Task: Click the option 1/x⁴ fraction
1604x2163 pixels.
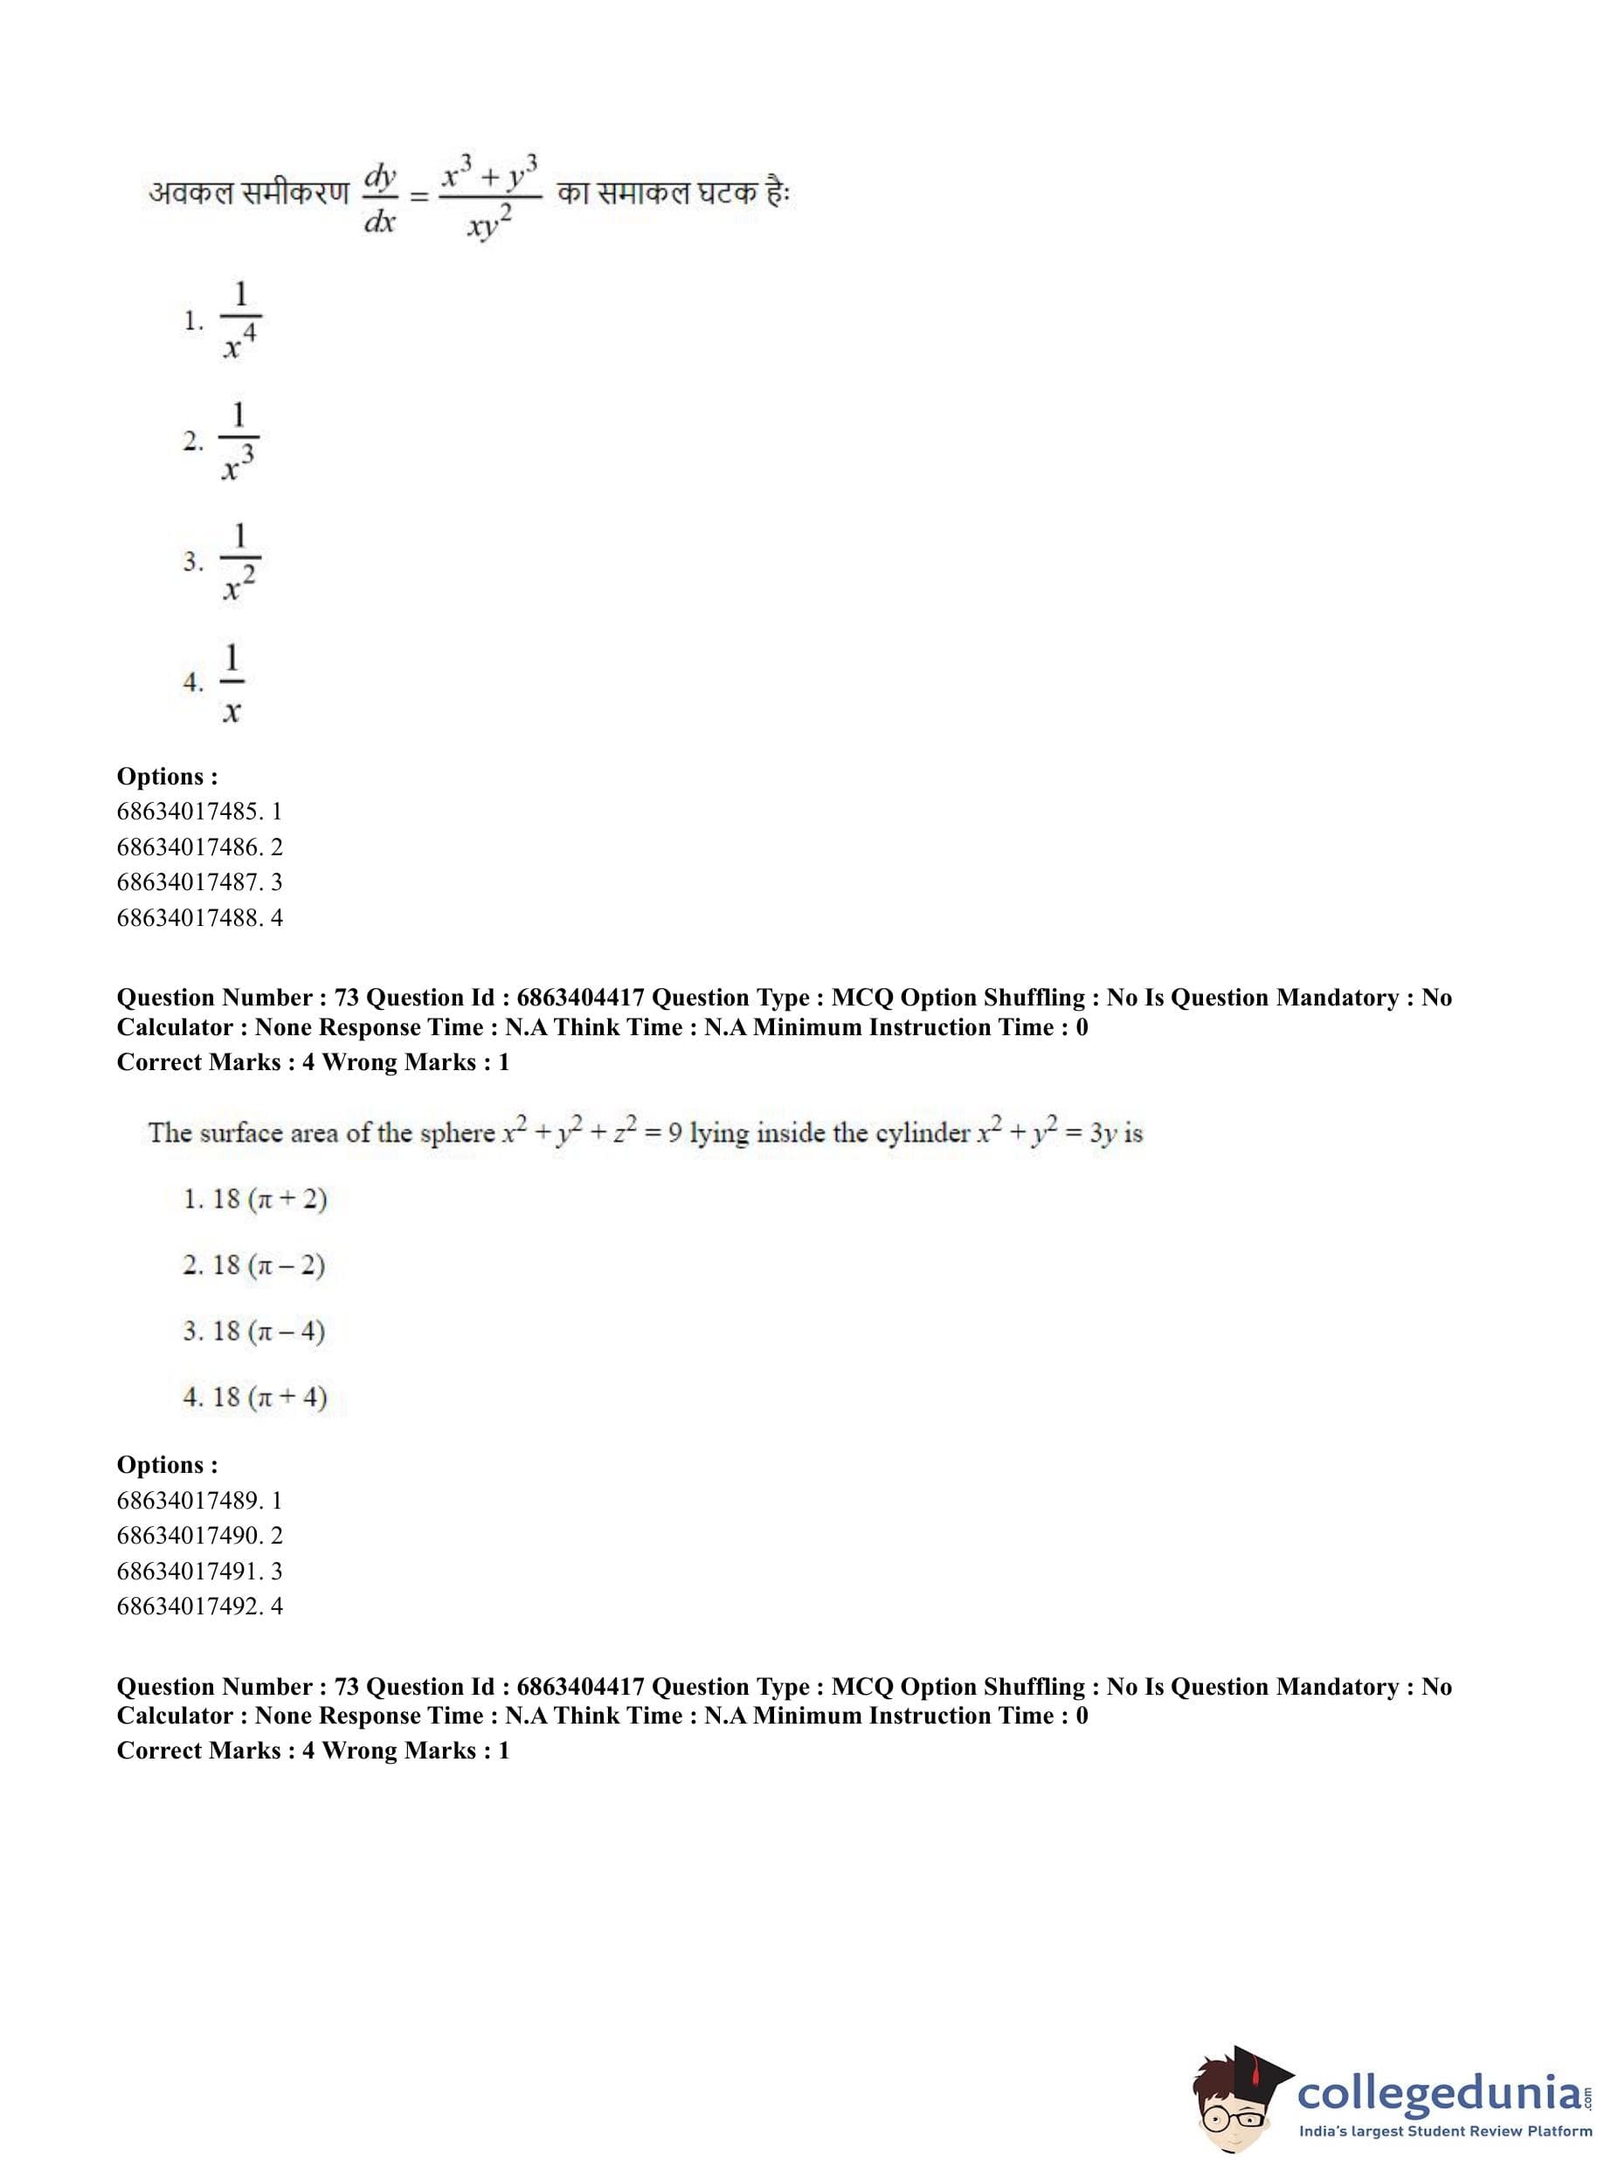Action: [x=239, y=321]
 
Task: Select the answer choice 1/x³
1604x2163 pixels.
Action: [x=238, y=442]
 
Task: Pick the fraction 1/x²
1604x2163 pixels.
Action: [x=239, y=562]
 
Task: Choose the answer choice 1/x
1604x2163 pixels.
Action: [x=232, y=682]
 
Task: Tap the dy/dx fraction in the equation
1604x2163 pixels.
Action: [x=380, y=198]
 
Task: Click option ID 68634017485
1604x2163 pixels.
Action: [x=199, y=811]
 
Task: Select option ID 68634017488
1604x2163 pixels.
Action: [x=199, y=916]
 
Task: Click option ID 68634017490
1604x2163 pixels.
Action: [x=199, y=1535]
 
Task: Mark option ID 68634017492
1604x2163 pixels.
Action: [x=199, y=1606]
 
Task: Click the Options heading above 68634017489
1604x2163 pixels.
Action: [x=167, y=1464]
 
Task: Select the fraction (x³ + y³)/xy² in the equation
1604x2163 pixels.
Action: [x=490, y=198]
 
